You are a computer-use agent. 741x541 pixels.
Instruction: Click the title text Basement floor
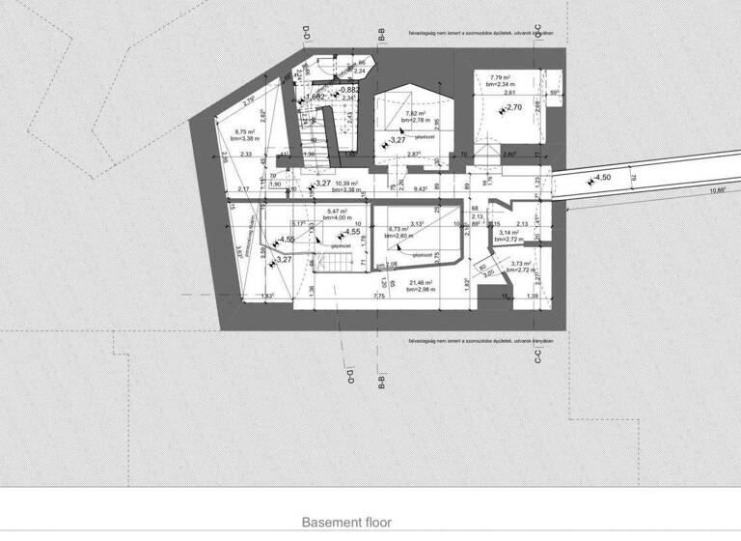point(347,522)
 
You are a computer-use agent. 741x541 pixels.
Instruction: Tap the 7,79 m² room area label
point(501,76)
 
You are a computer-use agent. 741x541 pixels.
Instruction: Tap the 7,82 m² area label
point(418,113)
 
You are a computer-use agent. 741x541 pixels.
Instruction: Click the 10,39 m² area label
point(345,183)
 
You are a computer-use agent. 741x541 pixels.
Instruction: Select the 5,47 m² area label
point(338,212)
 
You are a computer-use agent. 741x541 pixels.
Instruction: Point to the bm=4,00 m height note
point(341,219)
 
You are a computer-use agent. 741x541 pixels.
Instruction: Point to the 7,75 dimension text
point(379,297)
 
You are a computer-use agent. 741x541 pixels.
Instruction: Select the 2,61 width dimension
point(509,92)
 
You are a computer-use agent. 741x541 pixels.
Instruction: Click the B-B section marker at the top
point(382,37)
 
